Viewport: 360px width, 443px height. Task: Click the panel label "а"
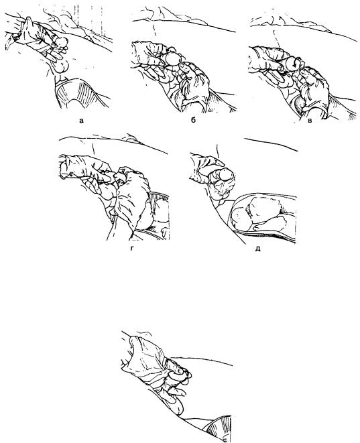pyautogui.click(x=81, y=121)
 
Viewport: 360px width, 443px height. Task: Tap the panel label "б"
pyautogui.click(x=193, y=120)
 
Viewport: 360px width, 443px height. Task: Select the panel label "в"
pyautogui.click(x=310, y=121)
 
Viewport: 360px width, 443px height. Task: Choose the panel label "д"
pyautogui.click(x=257, y=249)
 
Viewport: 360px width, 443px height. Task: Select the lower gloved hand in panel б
pyautogui.click(x=193, y=84)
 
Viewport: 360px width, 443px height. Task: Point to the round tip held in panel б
pyautogui.click(x=173, y=60)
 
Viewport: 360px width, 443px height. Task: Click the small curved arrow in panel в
pyautogui.click(x=294, y=64)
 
